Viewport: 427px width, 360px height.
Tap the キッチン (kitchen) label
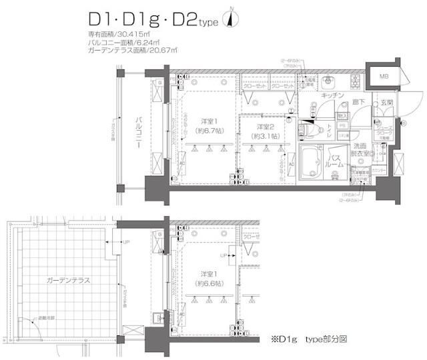click(332, 96)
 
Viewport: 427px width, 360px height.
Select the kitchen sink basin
click(330, 81)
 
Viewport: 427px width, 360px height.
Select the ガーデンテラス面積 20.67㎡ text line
click(132, 50)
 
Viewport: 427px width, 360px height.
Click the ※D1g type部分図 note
click(307, 339)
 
